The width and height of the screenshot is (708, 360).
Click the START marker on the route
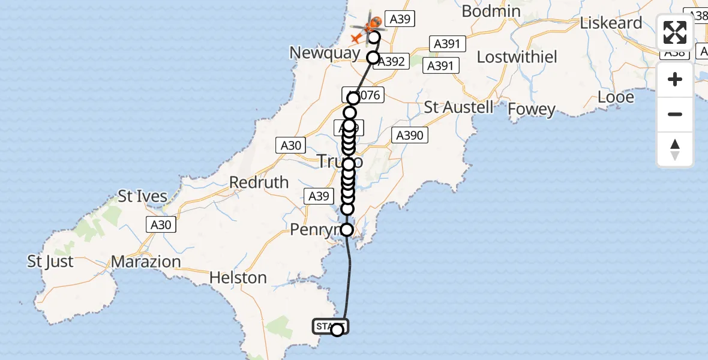pyautogui.click(x=330, y=327)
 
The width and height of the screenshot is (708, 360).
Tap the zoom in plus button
pyautogui.click(x=675, y=79)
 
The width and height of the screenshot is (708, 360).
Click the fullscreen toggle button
pyautogui.click(x=675, y=32)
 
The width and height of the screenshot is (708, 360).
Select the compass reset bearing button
pyautogui.click(x=675, y=149)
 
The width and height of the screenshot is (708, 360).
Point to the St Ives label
pyautogui.click(x=142, y=197)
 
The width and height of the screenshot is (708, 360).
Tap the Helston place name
pyautogui.click(x=238, y=278)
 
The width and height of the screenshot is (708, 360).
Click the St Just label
pyautogui.click(x=50, y=262)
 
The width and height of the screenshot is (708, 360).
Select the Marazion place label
pyautogui.click(x=146, y=262)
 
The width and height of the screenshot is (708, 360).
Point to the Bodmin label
pyautogui.click(x=491, y=11)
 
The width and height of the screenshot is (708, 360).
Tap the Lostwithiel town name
pyautogui.click(x=517, y=57)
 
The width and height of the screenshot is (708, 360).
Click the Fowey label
pyautogui.click(x=532, y=109)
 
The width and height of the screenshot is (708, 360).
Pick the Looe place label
pyautogui.click(x=616, y=97)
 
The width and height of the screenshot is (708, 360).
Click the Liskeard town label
pyautogui.click(x=611, y=23)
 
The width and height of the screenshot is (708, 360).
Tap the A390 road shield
pyautogui.click(x=410, y=136)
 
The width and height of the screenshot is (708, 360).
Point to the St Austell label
pyautogui.click(x=459, y=107)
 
